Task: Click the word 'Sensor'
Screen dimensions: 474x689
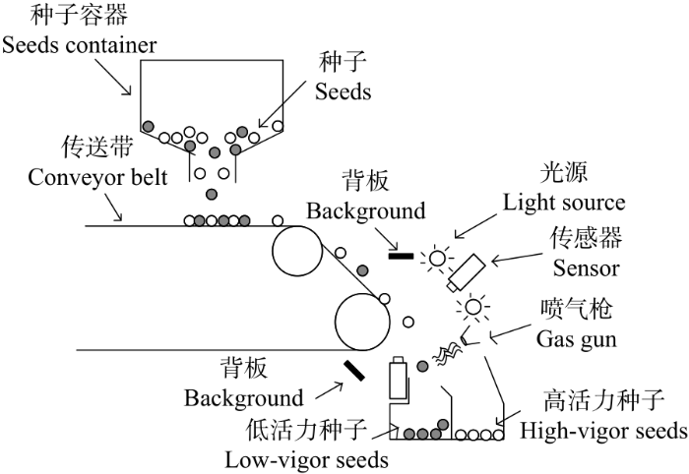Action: point(587,267)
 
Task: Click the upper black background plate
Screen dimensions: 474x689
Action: point(401,256)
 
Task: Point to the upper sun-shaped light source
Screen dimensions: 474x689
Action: point(436,258)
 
